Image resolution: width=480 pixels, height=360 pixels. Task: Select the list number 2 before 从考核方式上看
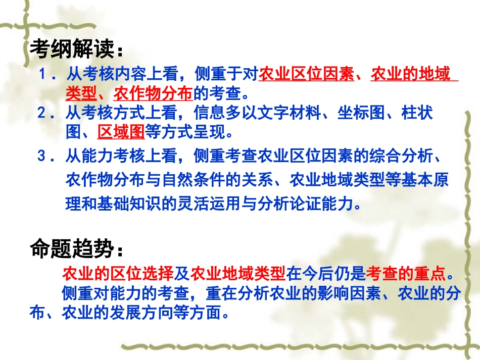coord(43,112)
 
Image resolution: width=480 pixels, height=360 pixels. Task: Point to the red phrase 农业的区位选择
coord(118,273)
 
